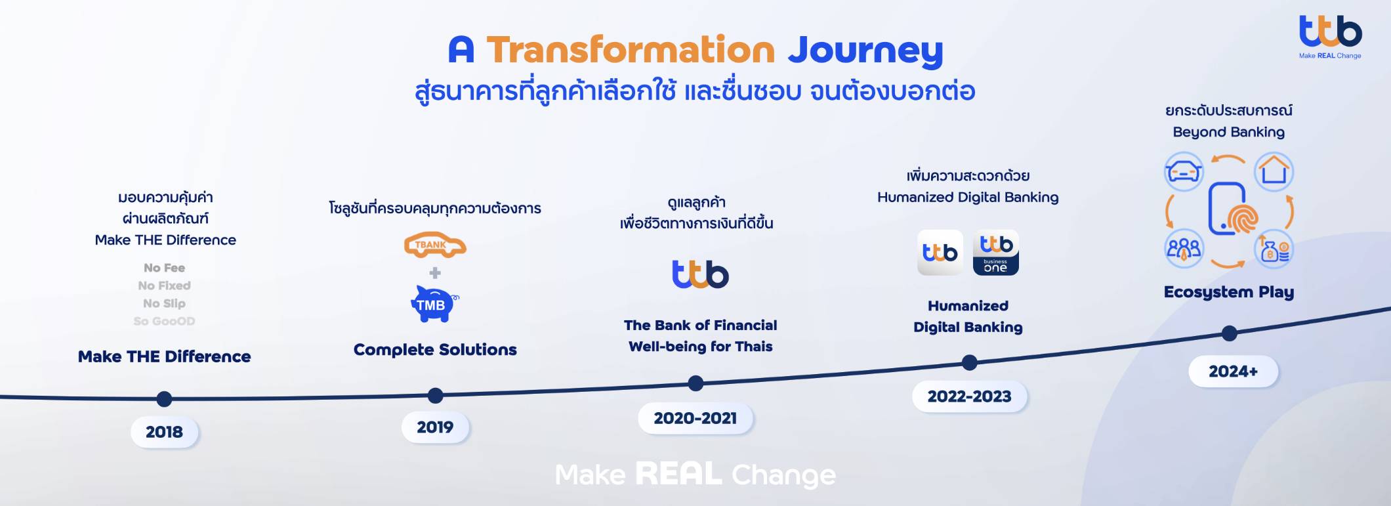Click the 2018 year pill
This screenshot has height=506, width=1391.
pyautogui.click(x=164, y=432)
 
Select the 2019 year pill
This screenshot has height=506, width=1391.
pyautogui.click(x=435, y=427)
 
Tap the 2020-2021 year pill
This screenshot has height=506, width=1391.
pyautogui.click(x=695, y=418)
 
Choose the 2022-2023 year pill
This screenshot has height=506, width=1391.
pyautogui.click(x=969, y=396)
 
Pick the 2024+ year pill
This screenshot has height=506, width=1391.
pyautogui.click(x=1233, y=371)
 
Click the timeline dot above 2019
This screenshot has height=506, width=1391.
pyautogui.click(x=435, y=396)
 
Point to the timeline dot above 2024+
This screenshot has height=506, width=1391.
pyautogui.click(x=1230, y=333)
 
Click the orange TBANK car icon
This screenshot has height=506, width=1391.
pyautogui.click(x=435, y=245)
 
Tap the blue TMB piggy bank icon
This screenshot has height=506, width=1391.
pyautogui.click(x=434, y=303)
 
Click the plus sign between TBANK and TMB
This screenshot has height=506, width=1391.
pyautogui.click(x=435, y=273)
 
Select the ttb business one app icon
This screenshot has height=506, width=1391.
pyautogui.click(x=995, y=253)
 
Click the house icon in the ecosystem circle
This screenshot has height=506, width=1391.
pyautogui.click(x=1274, y=171)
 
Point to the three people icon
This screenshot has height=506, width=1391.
pyautogui.click(x=1184, y=249)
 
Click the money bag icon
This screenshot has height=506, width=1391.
pyautogui.click(x=1274, y=249)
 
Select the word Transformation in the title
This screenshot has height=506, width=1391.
pyautogui.click(x=631, y=50)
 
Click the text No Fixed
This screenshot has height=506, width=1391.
pyautogui.click(x=164, y=285)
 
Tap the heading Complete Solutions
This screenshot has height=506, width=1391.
pyautogui.click(x=435, y=349)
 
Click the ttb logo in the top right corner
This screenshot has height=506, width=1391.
pyautogui.click(x=1330, y=37)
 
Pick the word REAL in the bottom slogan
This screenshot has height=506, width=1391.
pyautogui.click(x=678, y=474)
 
